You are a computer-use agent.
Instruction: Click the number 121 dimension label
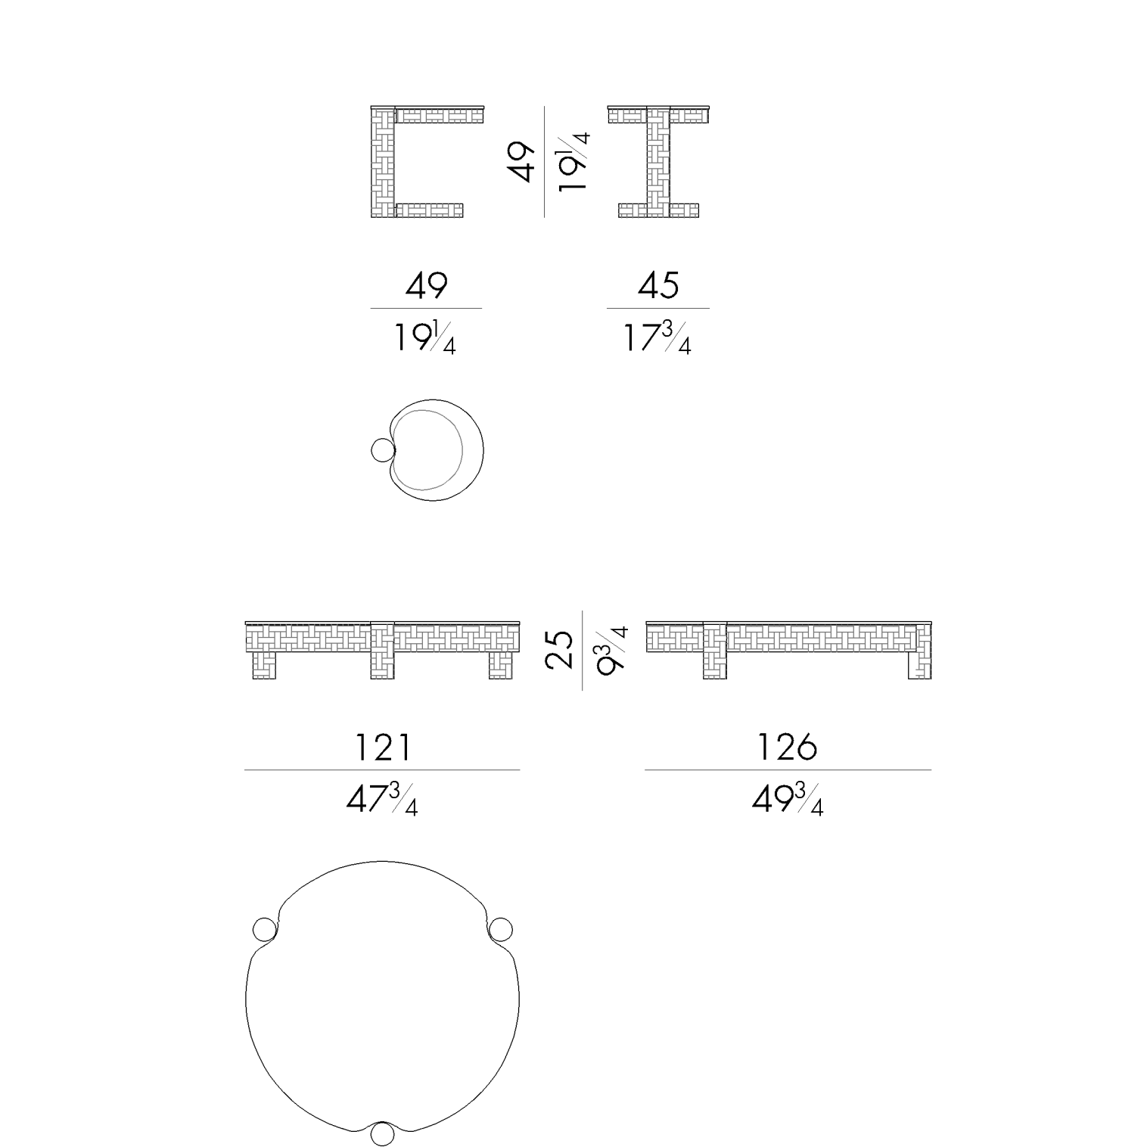coord(383,748)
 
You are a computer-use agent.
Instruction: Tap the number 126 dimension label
coord(788,748)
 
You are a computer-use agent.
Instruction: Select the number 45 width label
coord(658,286)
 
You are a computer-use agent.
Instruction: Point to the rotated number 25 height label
coord(561,650)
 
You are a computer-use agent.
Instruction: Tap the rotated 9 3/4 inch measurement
coord(612,650)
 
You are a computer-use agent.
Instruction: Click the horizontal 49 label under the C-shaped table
coord(427,286)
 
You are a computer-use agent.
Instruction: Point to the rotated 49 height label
coord(522,162)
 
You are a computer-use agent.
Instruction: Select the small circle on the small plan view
coord(384,451)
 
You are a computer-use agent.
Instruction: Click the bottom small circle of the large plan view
coord(383,1133)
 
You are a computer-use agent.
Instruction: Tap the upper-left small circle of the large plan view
coord(264,929)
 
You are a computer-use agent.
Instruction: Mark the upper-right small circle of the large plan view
coord(501,929)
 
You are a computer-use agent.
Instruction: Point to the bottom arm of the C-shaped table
coord(428,210)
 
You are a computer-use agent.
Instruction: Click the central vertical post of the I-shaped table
coord(658,163)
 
